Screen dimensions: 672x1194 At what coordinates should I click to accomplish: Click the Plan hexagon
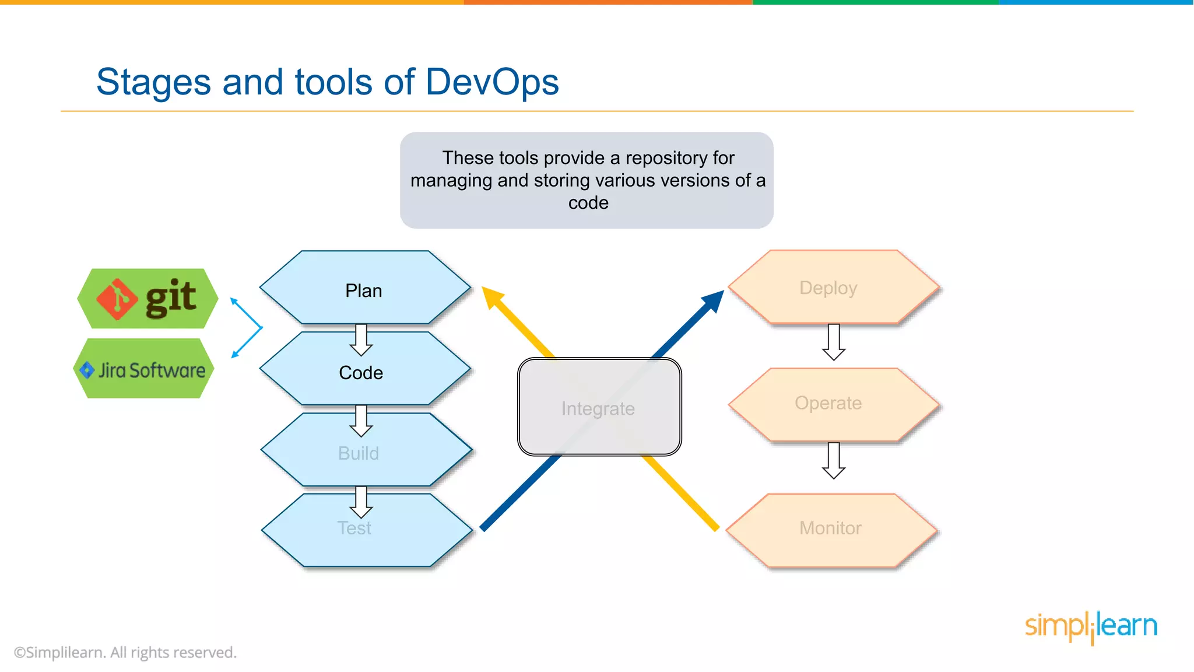(364, 290)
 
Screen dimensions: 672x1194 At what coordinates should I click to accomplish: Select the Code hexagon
(361, 373)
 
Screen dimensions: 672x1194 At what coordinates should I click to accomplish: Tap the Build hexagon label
(359, 453)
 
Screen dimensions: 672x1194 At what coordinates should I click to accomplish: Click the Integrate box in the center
(599, 408)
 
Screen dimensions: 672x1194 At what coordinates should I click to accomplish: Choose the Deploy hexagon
(828, 288)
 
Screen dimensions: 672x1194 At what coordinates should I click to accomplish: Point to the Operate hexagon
(828, 403)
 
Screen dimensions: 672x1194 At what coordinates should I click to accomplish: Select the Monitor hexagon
(830, 528)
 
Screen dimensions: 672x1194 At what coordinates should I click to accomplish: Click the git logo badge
(148, 298)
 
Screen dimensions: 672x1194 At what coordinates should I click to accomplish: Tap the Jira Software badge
(144, 370)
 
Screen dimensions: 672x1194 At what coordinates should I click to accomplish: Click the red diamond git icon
(117, 299)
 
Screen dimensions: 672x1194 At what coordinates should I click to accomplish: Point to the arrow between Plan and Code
(361, 340)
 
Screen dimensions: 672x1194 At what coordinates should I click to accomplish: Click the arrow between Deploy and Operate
(834, 342)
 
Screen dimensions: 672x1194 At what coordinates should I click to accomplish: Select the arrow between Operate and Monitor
(834, 461)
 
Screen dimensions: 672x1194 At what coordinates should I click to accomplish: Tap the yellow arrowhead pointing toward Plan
(493, 297)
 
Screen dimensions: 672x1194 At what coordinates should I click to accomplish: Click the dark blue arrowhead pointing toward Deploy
(712, 302)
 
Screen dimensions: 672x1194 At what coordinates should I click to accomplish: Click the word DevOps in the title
(492, 82)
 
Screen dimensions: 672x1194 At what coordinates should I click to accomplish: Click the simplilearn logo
(1091, 626)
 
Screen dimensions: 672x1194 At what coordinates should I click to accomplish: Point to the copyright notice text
(125, 652)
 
